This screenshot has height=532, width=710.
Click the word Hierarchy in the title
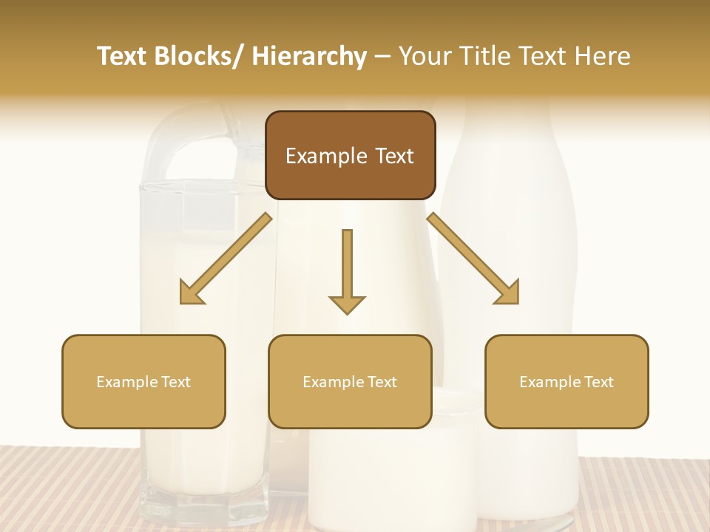coord(309,56)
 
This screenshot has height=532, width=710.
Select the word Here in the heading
coord(601,56)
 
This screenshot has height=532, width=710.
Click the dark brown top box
coord(350,155)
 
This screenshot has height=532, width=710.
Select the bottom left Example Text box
coord(143,381)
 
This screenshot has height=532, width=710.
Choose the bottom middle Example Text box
coord(350,381)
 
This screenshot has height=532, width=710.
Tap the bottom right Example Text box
coord(567,381)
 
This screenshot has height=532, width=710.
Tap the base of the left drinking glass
coord(204,506)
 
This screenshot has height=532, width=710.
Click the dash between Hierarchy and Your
coord(382,57)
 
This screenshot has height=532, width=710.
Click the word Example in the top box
coord(319,156)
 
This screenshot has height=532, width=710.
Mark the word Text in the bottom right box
coord(599,382)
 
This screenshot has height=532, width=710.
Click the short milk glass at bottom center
coord(392,473)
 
